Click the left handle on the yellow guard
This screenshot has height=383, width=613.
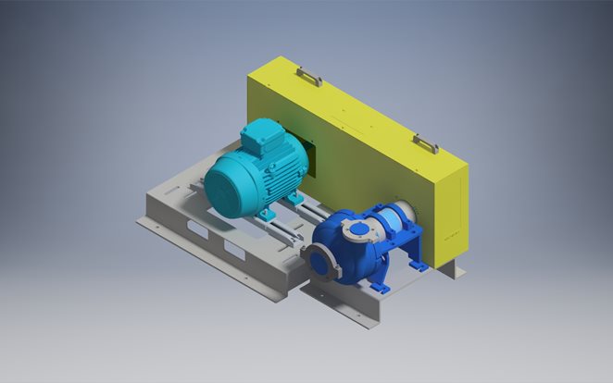(309, 77)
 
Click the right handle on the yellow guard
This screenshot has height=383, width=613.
(425, 143)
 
